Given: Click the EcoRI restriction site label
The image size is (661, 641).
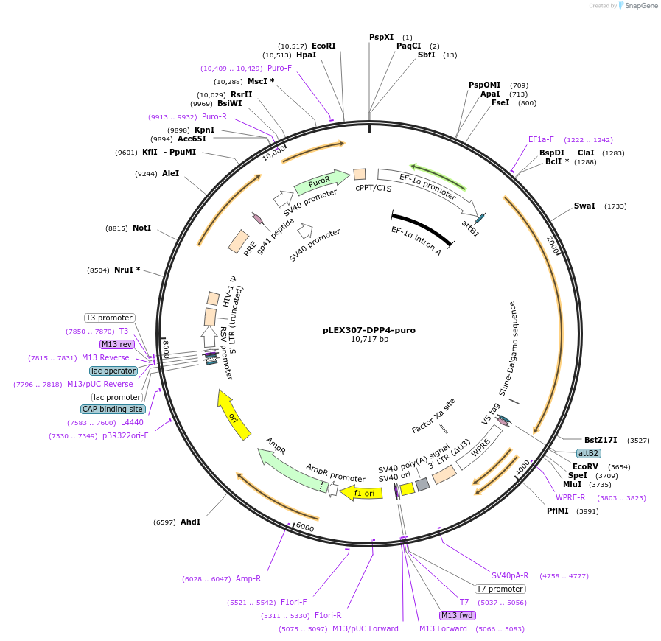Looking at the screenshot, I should point(323,46).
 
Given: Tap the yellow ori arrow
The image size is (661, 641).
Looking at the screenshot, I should point(234,416).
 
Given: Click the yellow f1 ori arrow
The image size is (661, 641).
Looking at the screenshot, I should point(362,493).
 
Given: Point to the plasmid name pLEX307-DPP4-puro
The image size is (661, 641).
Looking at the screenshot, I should point(369,330).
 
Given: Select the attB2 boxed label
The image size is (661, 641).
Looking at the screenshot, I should point(588,453).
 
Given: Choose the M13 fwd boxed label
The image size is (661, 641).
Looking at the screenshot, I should point(457,615).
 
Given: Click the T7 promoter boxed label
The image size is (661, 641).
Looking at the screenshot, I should point(500,589).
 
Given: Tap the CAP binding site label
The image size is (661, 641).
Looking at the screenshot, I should point(113,409).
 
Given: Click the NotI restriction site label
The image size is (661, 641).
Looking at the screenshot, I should point(141,228).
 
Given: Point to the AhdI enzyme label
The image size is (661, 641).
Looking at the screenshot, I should point(190,522).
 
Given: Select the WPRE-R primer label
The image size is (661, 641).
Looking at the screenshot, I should point(570,497).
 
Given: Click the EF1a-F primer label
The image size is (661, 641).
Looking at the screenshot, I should point(541,139).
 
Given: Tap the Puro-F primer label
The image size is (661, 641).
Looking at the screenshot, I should point(279,68).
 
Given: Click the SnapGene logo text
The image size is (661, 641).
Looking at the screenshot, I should point(638,5).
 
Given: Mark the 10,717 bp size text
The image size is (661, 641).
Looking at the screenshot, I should point(369,340).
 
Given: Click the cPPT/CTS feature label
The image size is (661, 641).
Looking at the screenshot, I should point(374,188).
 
